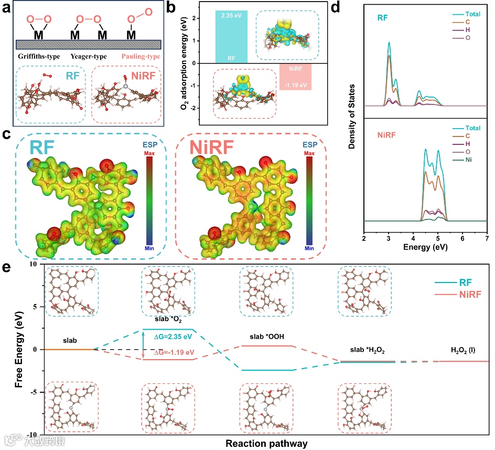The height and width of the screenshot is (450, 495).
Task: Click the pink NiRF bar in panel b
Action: [x=295, y=77]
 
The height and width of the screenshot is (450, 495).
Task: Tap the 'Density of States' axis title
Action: [x=352, y=116]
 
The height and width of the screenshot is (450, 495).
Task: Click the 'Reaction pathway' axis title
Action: [x=266, y=443]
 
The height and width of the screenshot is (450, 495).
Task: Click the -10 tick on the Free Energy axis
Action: [x=32, y=435]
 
